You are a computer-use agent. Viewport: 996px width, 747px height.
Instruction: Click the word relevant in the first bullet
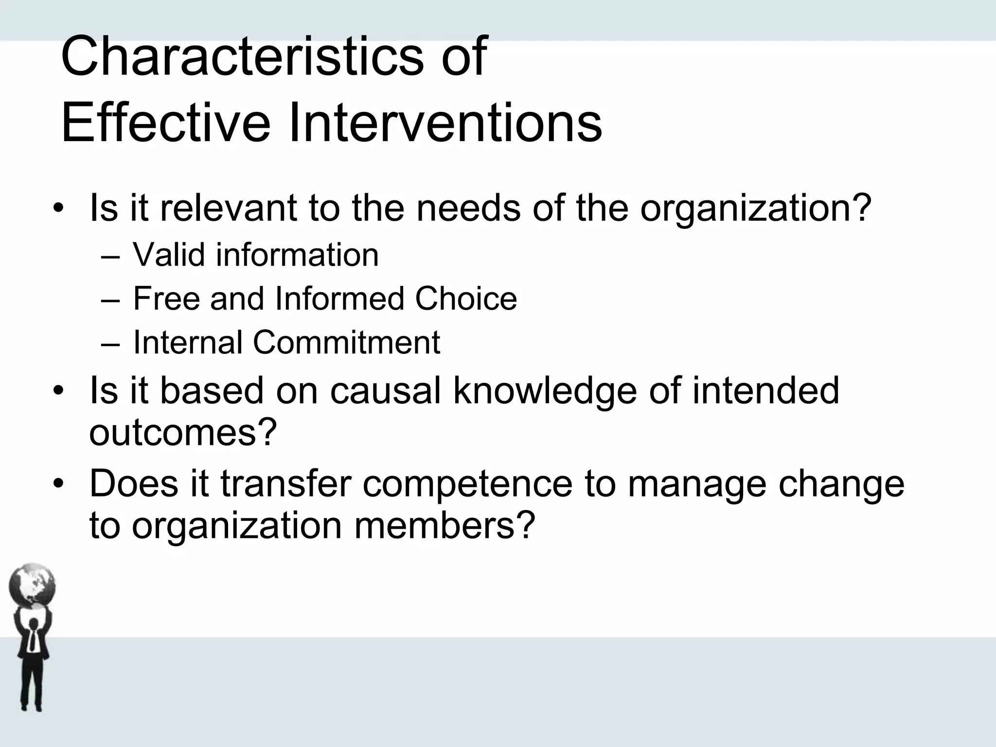click(229, 208)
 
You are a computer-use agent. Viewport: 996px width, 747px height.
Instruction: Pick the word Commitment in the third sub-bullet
click(346, 342)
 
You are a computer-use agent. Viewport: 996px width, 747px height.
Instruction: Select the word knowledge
click(545, 391)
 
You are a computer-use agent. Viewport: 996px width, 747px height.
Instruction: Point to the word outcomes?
click(183, 432)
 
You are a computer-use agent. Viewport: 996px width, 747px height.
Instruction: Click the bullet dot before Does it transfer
click(59, 484)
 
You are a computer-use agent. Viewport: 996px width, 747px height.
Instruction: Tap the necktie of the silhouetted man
click(32, 640)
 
